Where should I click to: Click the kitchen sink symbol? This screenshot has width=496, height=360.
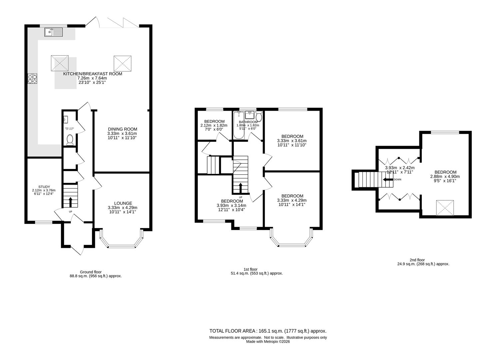53,32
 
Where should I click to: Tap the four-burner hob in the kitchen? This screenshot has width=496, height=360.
32,79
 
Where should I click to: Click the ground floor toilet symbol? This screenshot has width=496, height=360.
70,140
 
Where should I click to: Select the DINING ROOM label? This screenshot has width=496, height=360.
122,129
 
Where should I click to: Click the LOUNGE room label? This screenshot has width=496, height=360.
123,203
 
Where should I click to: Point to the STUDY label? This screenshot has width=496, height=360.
44,187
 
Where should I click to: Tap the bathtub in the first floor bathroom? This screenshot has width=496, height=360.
239,126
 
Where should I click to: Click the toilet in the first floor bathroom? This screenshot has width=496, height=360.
259,116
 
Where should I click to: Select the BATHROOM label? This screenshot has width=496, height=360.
248,122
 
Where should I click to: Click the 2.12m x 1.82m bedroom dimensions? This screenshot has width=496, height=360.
214,125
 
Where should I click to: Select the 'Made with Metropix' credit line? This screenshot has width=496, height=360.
268,341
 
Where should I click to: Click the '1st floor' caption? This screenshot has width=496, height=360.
250,269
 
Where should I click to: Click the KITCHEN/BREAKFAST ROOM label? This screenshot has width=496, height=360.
93,74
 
